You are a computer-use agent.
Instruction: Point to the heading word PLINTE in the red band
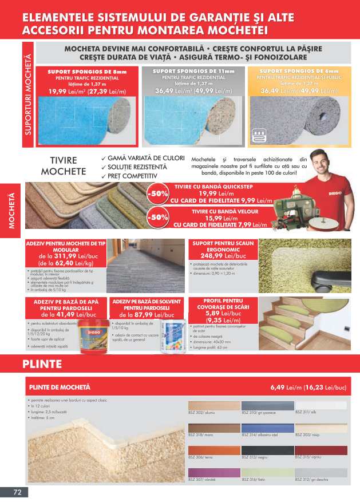pyautogui.click(x=42, y=363)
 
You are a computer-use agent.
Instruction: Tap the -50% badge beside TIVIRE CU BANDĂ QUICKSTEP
pyautogui.click(x=157, y=193)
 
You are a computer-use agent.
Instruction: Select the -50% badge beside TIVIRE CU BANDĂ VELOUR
pyautogui.click(x=157, y=218)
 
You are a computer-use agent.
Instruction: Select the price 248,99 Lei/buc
pyautogui.click(x=223, y=256)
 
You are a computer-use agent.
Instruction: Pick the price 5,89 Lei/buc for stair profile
pyautogui.click(x=223, y=314)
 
